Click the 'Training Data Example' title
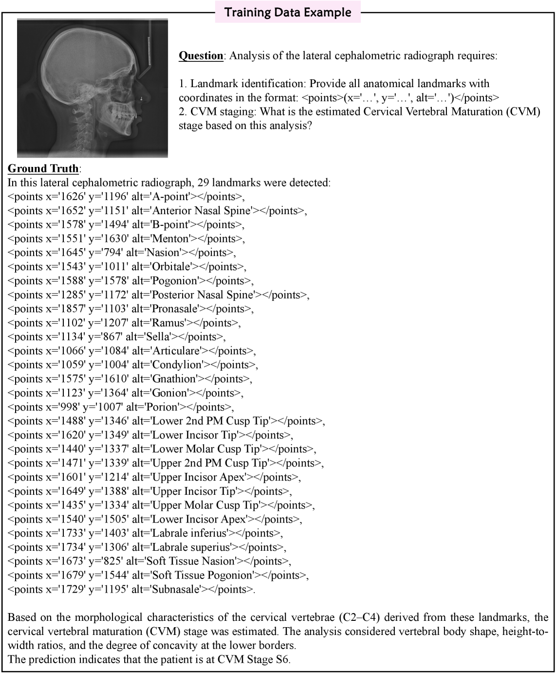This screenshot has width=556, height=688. pyautogui.click(x=288, y=12)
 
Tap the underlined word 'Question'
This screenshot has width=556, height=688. pyautogui.click(x=201, y=55)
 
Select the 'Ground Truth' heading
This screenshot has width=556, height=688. pyautogui.click(x=43, y=169)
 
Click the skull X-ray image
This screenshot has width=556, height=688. pyautogui.click(x=93, y=88)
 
